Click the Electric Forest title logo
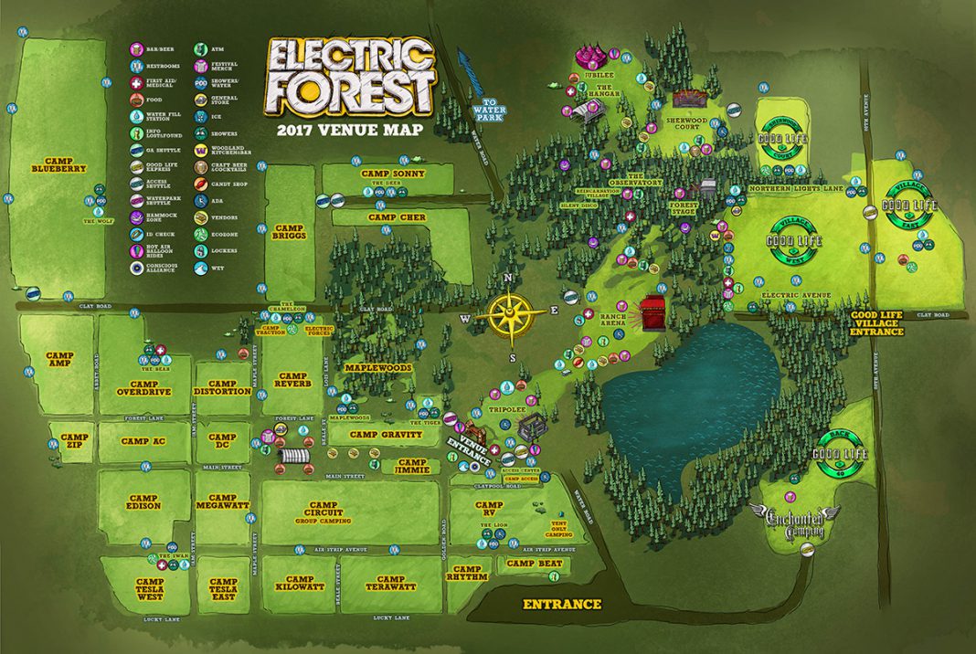pyautogui.click(x=350, y=77)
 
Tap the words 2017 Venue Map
pyautogui.click(x=350, y=130)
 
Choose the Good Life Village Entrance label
pyautogui.click(x=876, y=322)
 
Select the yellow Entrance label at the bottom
pyautogui.click(x=561, y=604)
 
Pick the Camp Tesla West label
pyautogui.click(x=150, y=587)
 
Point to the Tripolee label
pyautogui.click(x=507, y=410)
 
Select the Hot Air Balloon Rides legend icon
pyautogui.click(x=136, y=250)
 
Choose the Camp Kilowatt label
pyautogui.click(x=300, y=585)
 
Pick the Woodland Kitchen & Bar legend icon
pyautogui.click(x=200, y=148)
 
